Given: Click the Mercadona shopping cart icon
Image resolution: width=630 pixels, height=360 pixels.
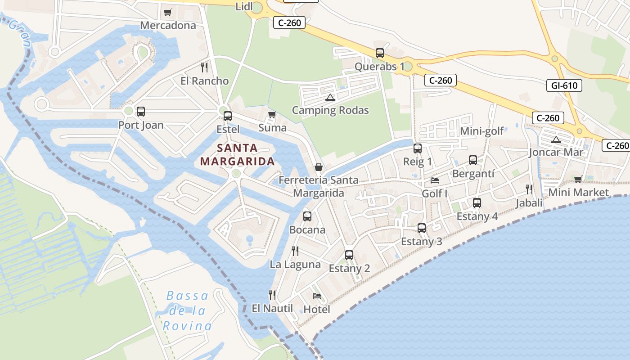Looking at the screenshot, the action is (x=168, y=12).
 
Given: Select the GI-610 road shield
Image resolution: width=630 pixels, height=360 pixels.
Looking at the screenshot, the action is (x=564, y=85).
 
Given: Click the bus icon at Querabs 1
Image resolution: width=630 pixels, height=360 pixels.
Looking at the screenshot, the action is (x=380, y=53).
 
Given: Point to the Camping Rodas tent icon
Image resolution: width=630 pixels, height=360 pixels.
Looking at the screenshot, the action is (x=330, y=97).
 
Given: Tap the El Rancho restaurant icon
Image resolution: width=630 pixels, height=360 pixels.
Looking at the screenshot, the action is (x=204, y=67).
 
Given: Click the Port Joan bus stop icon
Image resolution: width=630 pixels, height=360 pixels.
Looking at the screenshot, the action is (x=141, y=111).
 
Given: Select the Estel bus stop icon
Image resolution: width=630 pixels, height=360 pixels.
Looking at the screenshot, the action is (x=228, y=116).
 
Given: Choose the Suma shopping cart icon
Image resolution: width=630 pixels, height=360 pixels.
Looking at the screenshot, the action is (x=272, y=114).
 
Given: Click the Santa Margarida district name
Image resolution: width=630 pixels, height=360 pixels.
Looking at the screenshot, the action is (x=237, y=154).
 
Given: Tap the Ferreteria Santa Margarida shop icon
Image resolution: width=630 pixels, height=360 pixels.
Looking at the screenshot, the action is (x=319, y=167).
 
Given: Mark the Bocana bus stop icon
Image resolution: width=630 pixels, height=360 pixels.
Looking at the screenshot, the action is (x=307, y=216).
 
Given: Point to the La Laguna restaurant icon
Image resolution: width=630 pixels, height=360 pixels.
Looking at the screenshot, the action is (x=295, y=251).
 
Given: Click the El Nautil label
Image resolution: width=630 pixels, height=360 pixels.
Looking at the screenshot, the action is (x=272, y=308).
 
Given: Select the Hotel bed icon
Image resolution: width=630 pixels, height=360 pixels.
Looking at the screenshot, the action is (x=317, y=296).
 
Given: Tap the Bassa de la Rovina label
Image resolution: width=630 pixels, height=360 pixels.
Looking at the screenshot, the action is (x=187, y=310).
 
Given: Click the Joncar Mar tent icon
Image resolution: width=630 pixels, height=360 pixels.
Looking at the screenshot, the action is (x=556, y=139).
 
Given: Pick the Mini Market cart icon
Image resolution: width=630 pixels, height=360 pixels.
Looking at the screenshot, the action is (x=578, y=180).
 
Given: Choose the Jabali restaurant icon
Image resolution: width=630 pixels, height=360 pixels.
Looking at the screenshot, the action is (x=529, y=189).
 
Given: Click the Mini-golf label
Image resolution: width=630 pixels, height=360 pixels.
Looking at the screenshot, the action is (x=482, y=131).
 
